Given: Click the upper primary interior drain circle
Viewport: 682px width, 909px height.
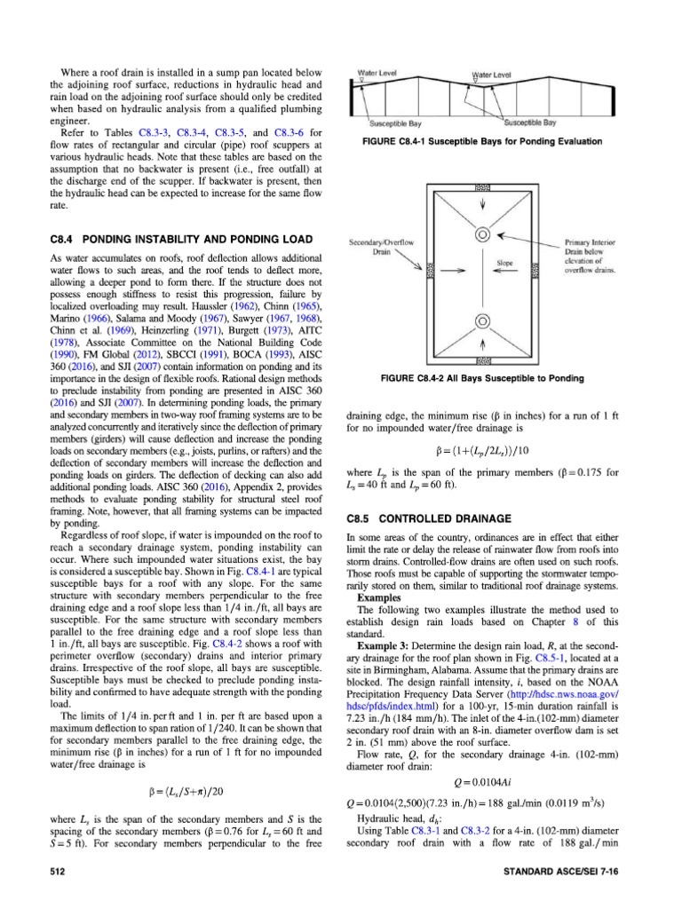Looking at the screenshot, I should point(483,235).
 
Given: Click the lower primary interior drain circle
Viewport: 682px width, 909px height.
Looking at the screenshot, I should point(483,320).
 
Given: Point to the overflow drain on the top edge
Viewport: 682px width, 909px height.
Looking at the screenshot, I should point(483,189).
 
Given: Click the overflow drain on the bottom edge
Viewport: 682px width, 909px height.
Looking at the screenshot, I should point(483,360).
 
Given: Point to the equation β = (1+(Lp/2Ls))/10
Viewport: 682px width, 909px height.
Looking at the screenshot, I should point(483,449).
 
